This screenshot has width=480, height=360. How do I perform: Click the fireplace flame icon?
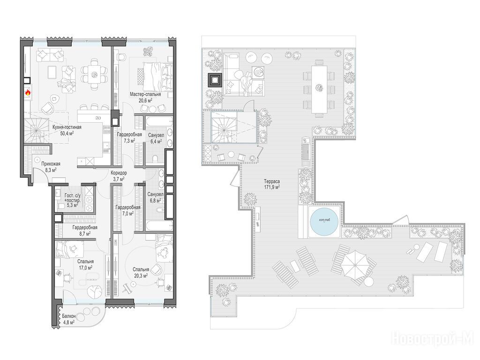click(28, 92)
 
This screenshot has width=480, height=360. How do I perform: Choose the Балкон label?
click(69, 316)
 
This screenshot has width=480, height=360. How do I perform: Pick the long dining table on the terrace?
click(320, 90)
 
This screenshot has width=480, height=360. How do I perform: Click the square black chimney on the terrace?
click(215, 79)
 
